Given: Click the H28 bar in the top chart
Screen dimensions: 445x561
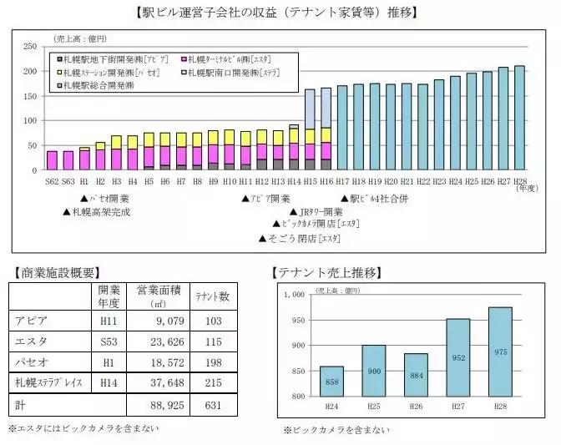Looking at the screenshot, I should (x=520, y=117).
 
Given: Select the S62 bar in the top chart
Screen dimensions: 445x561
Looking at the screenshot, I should (x=52, y=159).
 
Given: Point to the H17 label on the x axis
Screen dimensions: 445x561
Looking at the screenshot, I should (x=342, y=180).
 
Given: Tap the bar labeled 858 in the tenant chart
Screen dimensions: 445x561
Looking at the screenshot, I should (x=331, y=382).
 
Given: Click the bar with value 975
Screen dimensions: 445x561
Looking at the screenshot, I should (x=500, y=351).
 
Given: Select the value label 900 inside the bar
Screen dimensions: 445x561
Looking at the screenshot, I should (x=374, y=371).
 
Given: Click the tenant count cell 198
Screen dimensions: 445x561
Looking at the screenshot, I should (x=212, y=362).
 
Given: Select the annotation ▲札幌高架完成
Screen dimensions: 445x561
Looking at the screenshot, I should (x=96, y=212).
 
